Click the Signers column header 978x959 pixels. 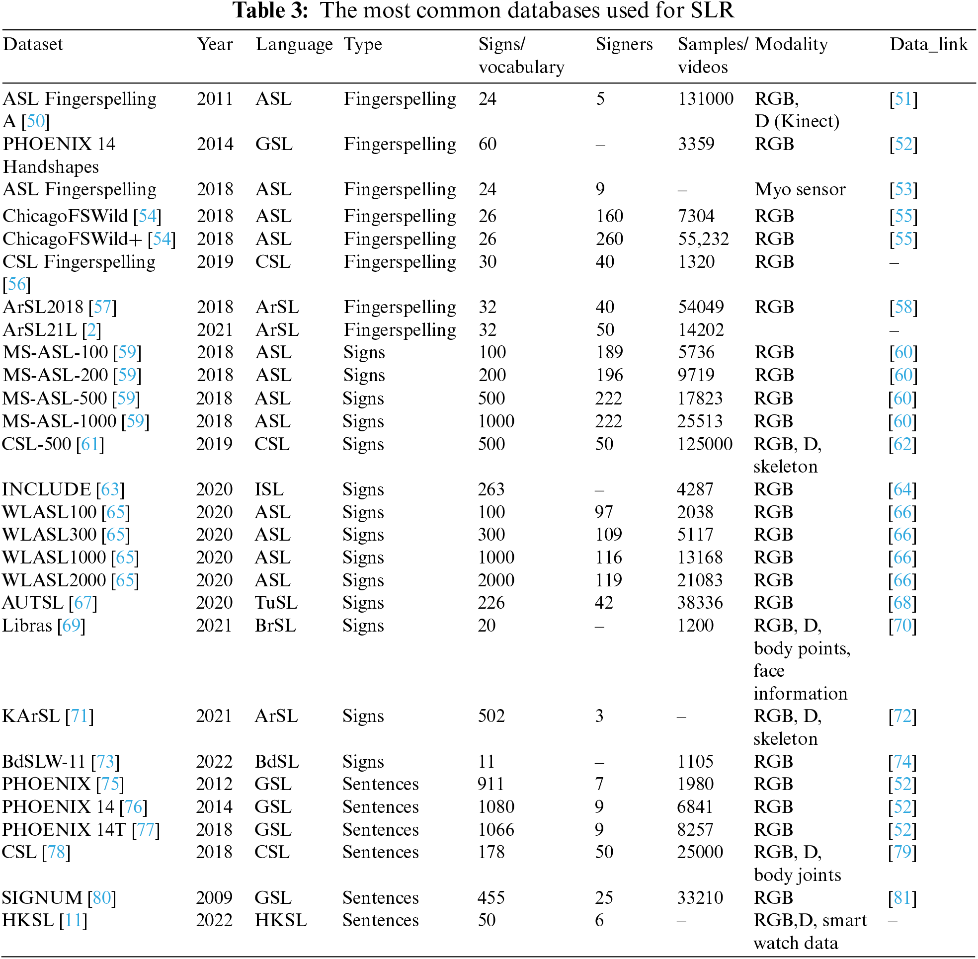point(624,44)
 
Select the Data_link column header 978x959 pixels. point(928,44)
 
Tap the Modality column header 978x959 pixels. point(791,44)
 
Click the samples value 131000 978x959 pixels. point(705,99)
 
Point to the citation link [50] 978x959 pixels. point(35,121)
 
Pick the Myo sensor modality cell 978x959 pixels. point(800,189)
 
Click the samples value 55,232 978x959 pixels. point(703,239)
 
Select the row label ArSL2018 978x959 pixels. point(43,307)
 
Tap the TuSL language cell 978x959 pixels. point(276,603)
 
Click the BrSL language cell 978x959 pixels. point(275,626)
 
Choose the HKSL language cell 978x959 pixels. point(281,920)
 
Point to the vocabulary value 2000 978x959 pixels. point(496,580)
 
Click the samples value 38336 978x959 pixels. point(699,603)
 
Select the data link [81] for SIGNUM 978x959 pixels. point(902,897)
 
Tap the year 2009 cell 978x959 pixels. point(214,897)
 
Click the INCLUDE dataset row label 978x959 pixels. point(46,489)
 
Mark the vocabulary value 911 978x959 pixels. point(491,784)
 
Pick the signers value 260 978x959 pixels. point(609,239)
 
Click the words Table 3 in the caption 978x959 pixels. point(270,10)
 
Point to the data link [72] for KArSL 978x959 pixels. point(902,716)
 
